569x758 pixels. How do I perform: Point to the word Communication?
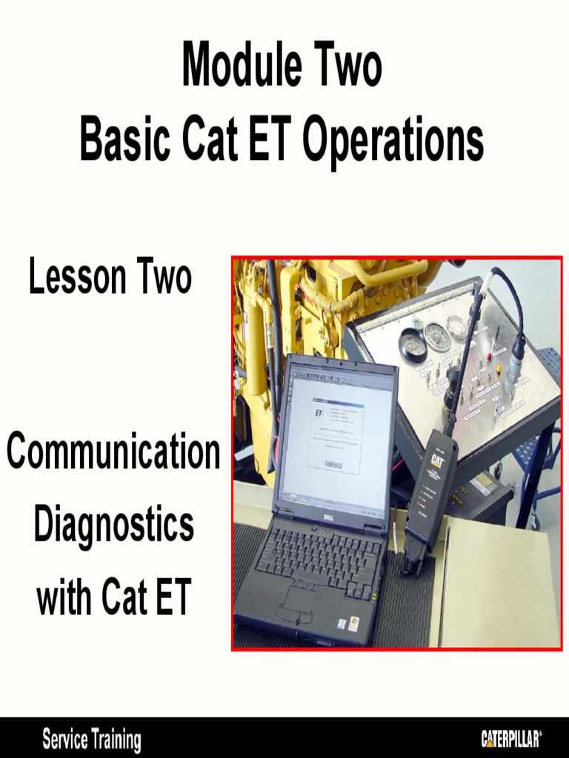pos(113,453)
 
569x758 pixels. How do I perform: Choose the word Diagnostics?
pos(113,525)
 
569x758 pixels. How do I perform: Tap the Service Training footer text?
pos(91,739)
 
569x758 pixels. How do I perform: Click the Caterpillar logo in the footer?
pos(511,738)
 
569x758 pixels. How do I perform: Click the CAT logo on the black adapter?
pos(437,460)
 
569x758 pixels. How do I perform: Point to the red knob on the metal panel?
pos(490,356)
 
